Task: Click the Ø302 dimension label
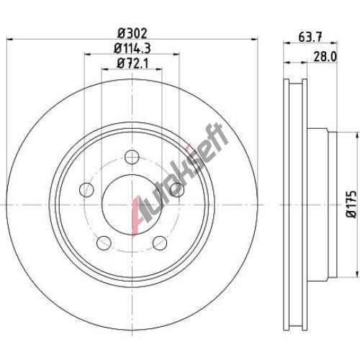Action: point(132,33)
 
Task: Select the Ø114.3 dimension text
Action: point(132,48)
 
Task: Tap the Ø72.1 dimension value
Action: point(132,63)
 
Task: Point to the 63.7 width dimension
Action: point(310,37)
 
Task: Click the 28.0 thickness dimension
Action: point(325,57)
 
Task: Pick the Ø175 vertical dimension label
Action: point(351,204)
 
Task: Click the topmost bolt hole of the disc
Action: point(132,157)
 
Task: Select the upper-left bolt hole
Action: point(86,189)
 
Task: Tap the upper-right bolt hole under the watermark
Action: point(177,189)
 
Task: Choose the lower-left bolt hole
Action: point(104,243)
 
